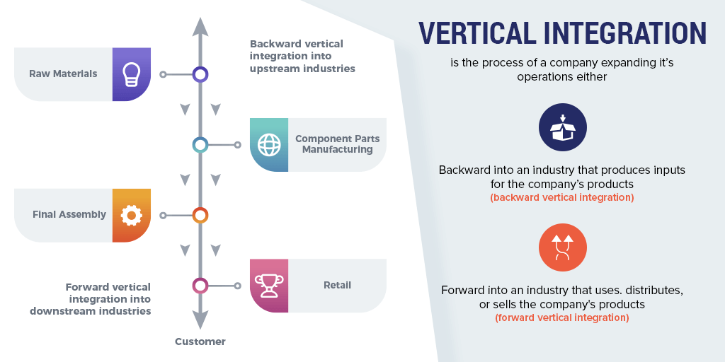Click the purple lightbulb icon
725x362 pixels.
coord(131,74)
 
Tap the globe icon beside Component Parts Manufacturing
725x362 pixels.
coord(269,145)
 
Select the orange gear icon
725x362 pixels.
coord(131,215)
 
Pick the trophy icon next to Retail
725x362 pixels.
coord(269,286)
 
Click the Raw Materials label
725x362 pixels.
coord(63,74)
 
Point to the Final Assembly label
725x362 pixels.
coord(69,215)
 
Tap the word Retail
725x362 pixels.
coord(337,286)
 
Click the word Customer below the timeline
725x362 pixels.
coord(200,341)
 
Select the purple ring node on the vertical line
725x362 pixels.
coord(200,74)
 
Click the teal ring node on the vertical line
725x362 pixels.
coord(200,145)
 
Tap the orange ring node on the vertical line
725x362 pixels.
coord(200,215)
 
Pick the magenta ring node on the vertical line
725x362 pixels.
coord(200,286)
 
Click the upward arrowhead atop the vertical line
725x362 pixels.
coord(200,27)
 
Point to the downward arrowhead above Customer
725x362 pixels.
coord(200,320)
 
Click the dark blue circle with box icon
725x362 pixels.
coord(563,127)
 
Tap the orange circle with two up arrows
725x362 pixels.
coord(563,247)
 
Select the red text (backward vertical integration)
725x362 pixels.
coord(561,198)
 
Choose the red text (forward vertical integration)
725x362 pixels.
coord(561,317)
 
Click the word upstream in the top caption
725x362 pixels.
coord(274,69)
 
